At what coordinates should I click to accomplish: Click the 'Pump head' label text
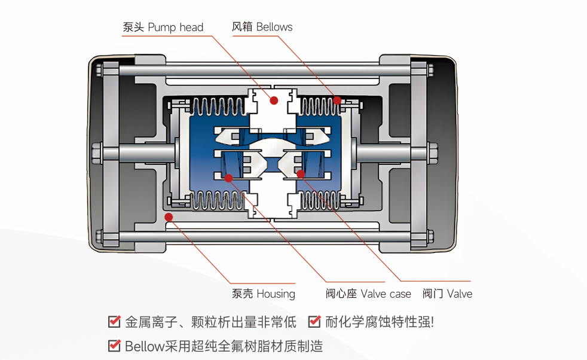point(175,28)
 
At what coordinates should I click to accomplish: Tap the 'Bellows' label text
point(274,27)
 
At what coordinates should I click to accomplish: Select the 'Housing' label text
point(276,294)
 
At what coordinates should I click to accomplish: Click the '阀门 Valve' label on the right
point(447,294)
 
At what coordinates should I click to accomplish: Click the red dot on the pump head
point(274,100)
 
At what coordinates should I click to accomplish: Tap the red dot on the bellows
point(338,100)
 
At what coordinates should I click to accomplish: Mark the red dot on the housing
point(169,216)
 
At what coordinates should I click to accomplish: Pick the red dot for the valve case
point(228,178)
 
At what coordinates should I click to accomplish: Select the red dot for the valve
point(301,174)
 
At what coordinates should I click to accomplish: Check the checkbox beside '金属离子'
point(114,322)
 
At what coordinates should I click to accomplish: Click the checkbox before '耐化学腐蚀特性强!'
point(314,322)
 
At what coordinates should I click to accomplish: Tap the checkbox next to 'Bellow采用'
point(114,345)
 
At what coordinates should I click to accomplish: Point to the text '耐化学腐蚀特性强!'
point(379,322)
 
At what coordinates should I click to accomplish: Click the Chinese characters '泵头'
point(133,28)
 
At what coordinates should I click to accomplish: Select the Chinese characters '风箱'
point(242,27)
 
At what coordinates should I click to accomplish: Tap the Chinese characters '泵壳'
point(242,294)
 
